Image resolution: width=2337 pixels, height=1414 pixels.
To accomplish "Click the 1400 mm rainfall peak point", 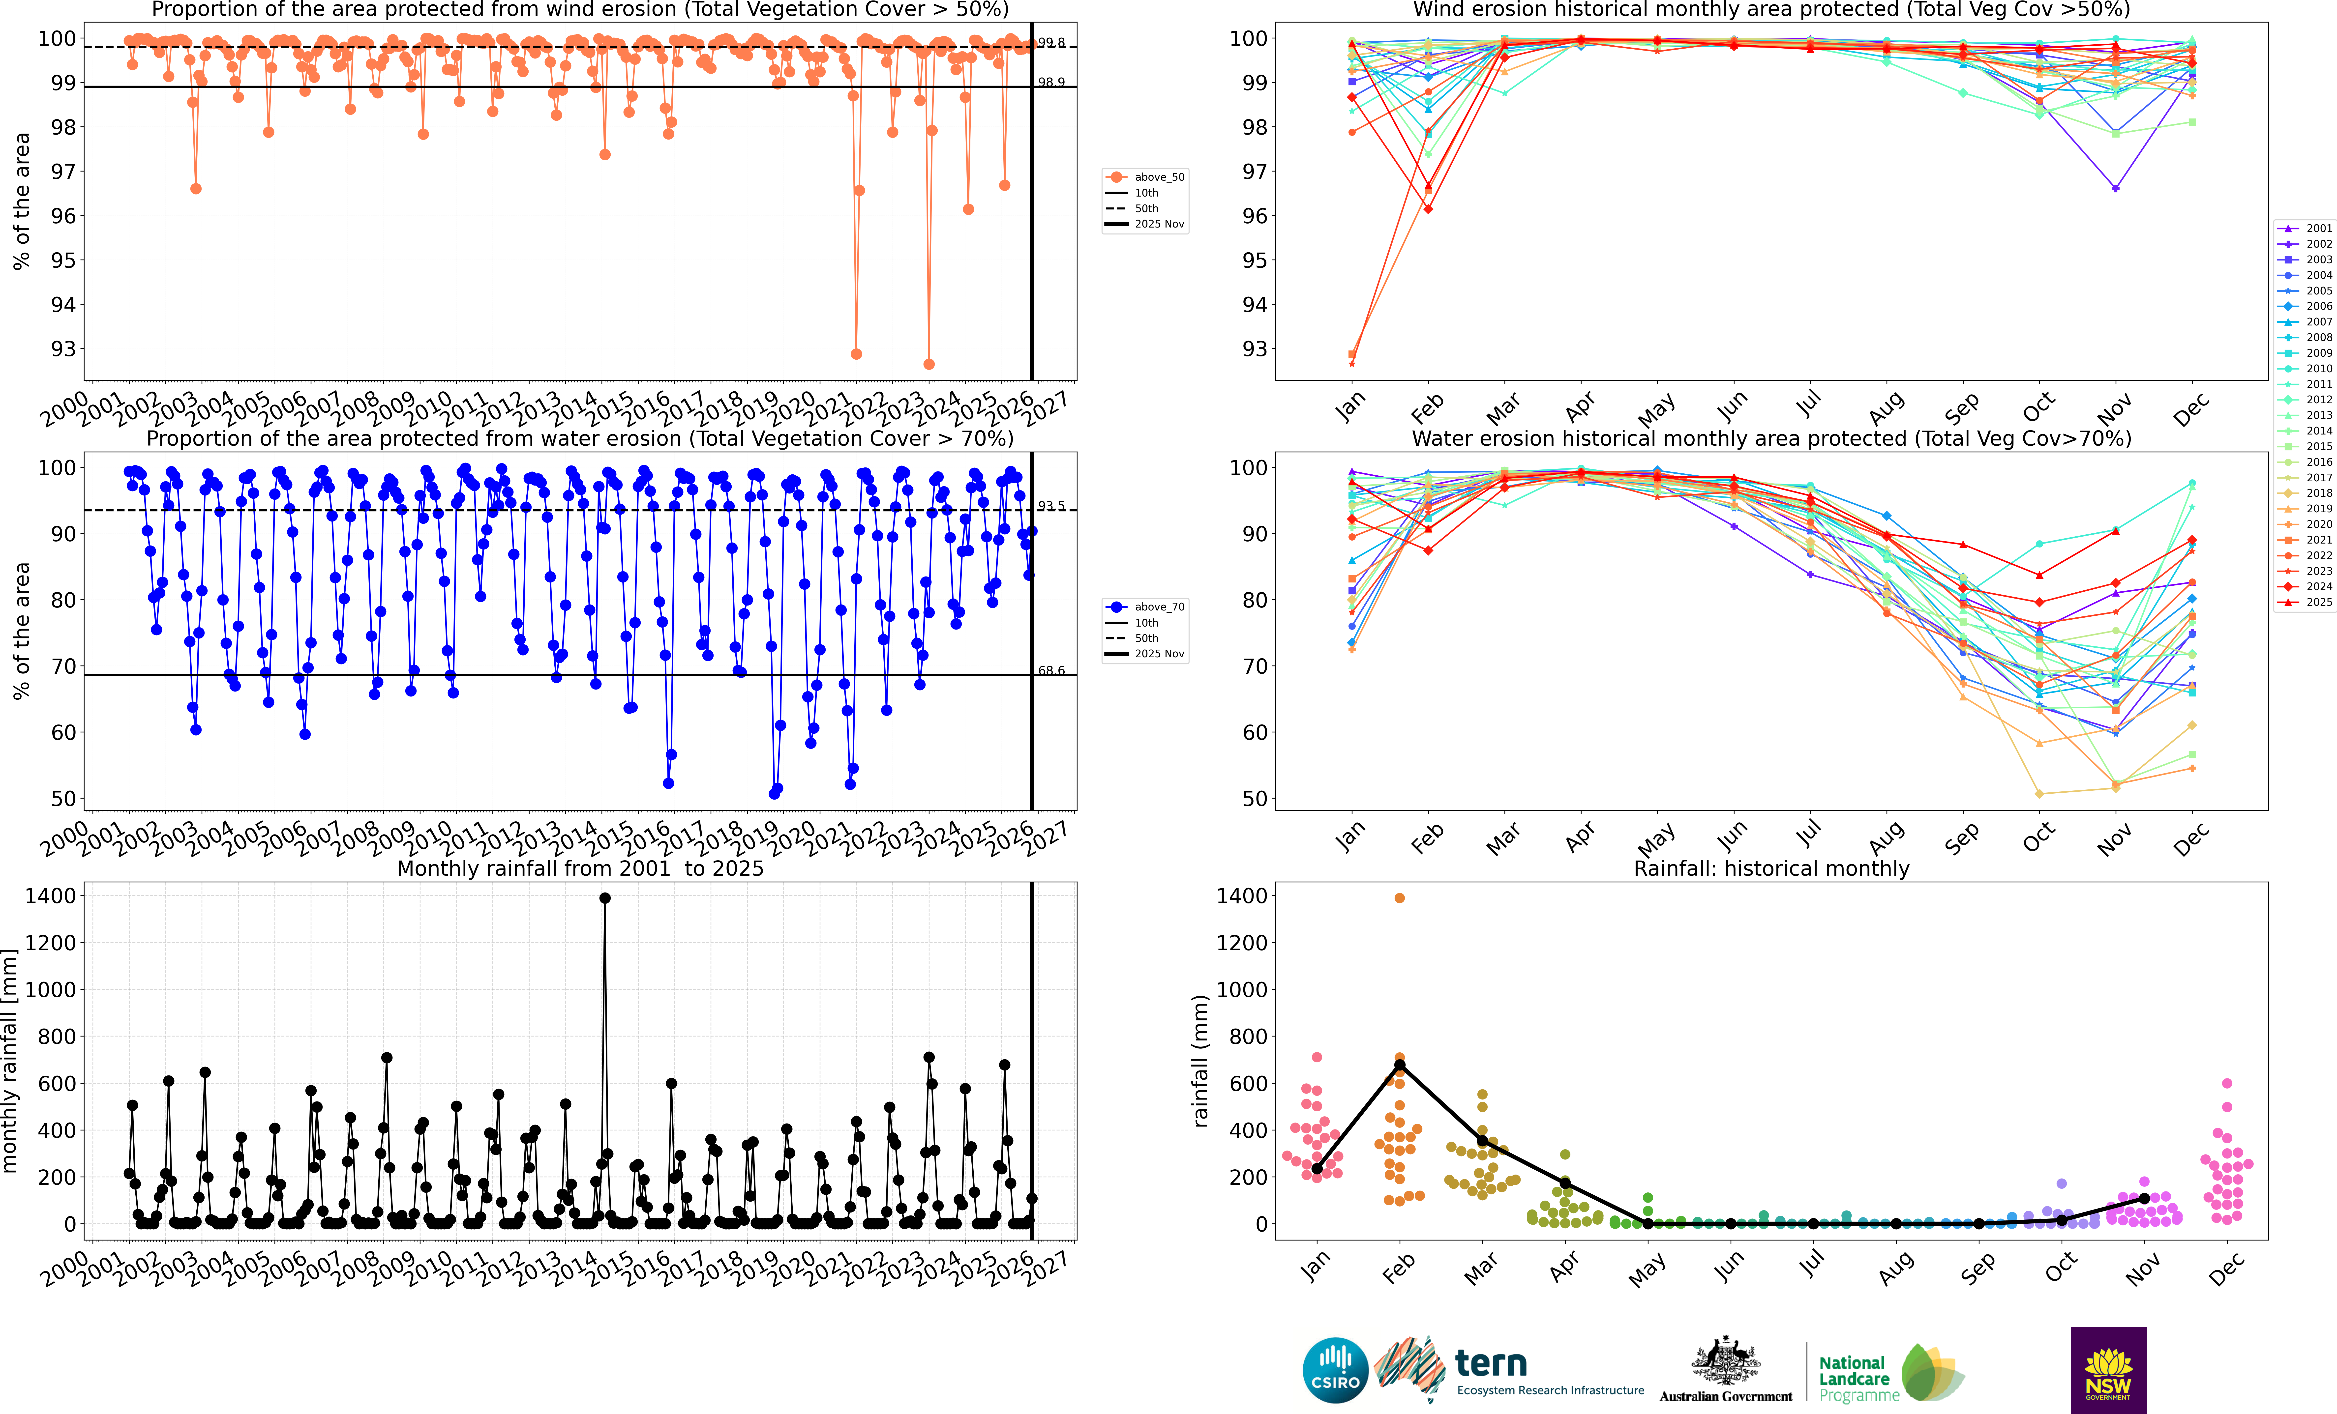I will tap(605, 898).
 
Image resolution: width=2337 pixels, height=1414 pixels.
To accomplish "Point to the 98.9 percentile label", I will tap(1051, 83).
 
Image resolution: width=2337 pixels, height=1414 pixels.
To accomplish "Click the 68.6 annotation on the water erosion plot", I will tap(1051, 670).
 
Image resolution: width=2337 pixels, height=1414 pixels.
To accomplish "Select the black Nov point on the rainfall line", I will tap(2144, 1199).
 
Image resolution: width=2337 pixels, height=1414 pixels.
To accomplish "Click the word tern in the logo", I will tap(1491, 1364).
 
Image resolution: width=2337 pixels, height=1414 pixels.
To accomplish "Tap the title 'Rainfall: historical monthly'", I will tap(1771, 869).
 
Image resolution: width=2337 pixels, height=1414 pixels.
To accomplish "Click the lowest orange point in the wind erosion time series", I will tap(929, 364).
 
